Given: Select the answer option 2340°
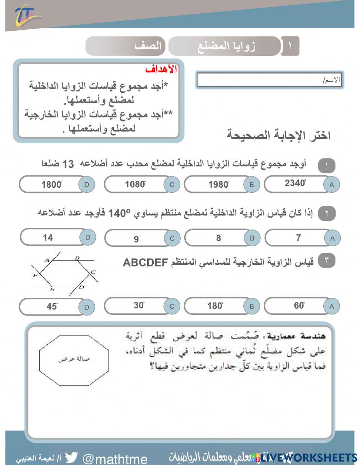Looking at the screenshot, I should tap(295, 184).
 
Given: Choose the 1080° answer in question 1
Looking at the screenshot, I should tap(135, 184).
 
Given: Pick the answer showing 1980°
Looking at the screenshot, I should tap(219, 185).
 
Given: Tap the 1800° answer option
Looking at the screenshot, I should tap(51, 185).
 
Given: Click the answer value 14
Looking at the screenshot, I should tap(48, 237).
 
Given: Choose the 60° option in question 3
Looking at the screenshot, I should tap(299, 306).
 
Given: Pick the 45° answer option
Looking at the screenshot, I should tap(51, 307).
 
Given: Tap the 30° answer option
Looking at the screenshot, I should tap(139, 305).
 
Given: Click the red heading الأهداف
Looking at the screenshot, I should tap(161, 70).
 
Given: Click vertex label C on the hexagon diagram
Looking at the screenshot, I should tap(93, 272).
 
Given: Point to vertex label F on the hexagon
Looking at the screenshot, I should tap(35, 276).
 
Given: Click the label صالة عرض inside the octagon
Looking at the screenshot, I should tap(73, 359).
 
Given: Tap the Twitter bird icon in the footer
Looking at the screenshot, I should tap(71, 457).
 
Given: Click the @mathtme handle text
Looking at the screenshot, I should tap(115, 459).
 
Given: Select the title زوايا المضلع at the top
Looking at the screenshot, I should tap(226, 46).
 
